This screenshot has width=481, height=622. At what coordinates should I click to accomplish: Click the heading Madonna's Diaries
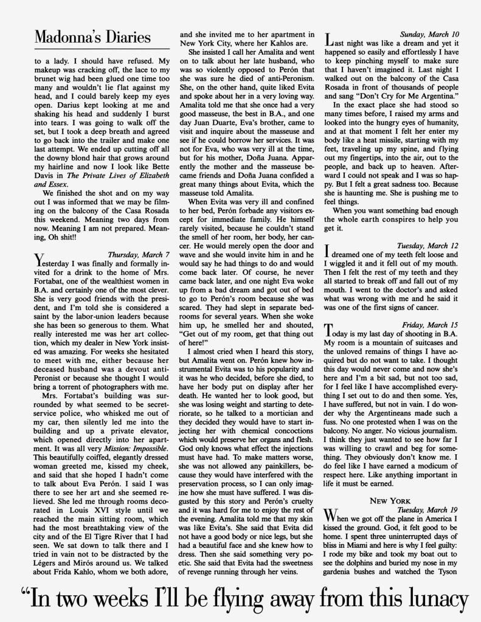point(92,36)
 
